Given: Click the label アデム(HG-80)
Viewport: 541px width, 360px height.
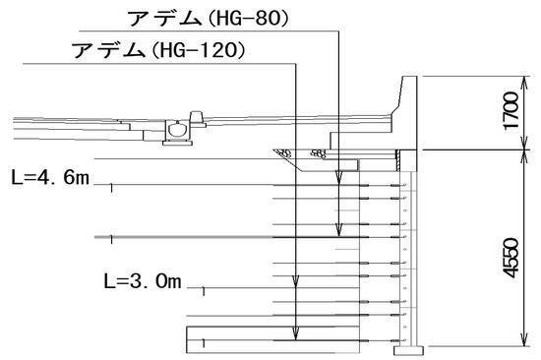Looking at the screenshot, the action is [208, 19].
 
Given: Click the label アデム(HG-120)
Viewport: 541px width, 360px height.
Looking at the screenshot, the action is [158, 50].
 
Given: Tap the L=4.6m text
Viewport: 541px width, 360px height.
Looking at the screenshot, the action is [50, 177].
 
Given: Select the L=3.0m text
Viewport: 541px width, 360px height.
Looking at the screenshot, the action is [143, 281].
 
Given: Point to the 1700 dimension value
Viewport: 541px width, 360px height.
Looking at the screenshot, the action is [511, 111].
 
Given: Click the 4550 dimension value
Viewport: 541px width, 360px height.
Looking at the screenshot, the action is [511, 258].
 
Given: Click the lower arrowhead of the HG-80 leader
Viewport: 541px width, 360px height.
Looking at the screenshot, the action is [338, 229].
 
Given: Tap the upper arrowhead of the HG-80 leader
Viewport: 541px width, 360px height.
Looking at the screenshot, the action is [338, 177].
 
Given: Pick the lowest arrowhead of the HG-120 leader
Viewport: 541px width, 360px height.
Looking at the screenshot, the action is [295, 333].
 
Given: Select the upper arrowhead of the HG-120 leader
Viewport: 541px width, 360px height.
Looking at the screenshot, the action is [295, 281].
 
